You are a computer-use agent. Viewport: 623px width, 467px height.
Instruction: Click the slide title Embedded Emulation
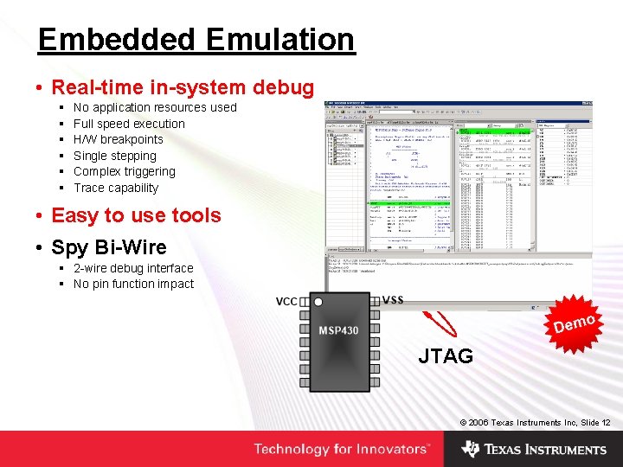pyautogui.click(x=196, y=40)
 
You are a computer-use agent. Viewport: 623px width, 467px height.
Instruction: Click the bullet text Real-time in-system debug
pyautogui.click(x=183, y=87)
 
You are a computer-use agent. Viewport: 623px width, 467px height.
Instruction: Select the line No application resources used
pyautogui.click(x=155, y=107)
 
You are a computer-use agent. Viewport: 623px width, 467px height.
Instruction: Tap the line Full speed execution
pyautogui.click(x=129, y=124)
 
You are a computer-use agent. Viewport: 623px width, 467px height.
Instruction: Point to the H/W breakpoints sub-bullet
pyautogui.click(x=118, y=139)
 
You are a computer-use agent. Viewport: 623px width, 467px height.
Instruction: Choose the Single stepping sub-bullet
pyautogui.click(x=115, y=156)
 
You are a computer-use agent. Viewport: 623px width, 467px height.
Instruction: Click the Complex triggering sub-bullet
pyautogui.click(x=124, y=171)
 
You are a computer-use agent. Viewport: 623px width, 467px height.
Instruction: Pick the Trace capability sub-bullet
pyautogui.click(x=116, y=188)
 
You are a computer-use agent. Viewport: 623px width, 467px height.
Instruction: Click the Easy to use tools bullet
pyautogui.click(x=136, y=215)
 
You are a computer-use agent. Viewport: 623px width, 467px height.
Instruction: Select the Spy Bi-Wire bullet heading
pyautogui.click(x=108, y=247)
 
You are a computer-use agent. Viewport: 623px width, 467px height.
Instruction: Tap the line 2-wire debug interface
pyautogui.click(x=133, y=268)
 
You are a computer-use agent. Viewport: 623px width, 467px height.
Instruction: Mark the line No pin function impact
pyautogui.click(x=133, y=284)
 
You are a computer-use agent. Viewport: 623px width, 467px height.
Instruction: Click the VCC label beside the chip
pyautogui.click(x=286, y=302)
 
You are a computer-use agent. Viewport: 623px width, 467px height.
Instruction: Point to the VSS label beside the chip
pyautogui.click(x=393, y=300)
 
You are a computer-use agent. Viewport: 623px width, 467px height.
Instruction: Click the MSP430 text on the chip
pyautogui.click(x=339, y=331)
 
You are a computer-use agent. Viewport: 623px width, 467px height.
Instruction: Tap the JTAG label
pyautogui.click(x=446, y=355)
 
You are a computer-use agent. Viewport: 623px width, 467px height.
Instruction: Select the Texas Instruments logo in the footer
pyautogui.click(x=534, y=449)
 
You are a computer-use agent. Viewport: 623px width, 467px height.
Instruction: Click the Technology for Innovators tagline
pyautogui.click(x=341, y=449)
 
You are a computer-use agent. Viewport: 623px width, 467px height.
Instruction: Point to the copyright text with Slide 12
pyautogui.click(x=535, y=422)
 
